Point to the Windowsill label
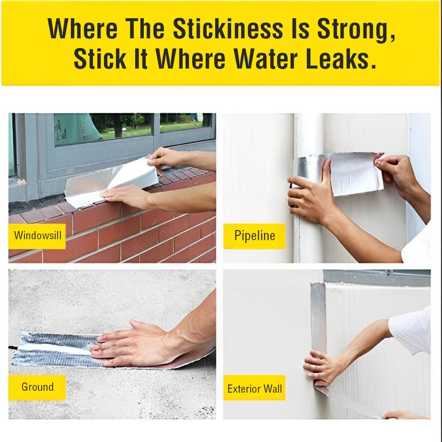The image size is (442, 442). [37, 235]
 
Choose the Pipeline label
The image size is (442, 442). [255, 235]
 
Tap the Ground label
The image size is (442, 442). [37, 387]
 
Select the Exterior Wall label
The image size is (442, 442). [255, 388]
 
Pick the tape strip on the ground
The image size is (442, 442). [53, 349]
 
